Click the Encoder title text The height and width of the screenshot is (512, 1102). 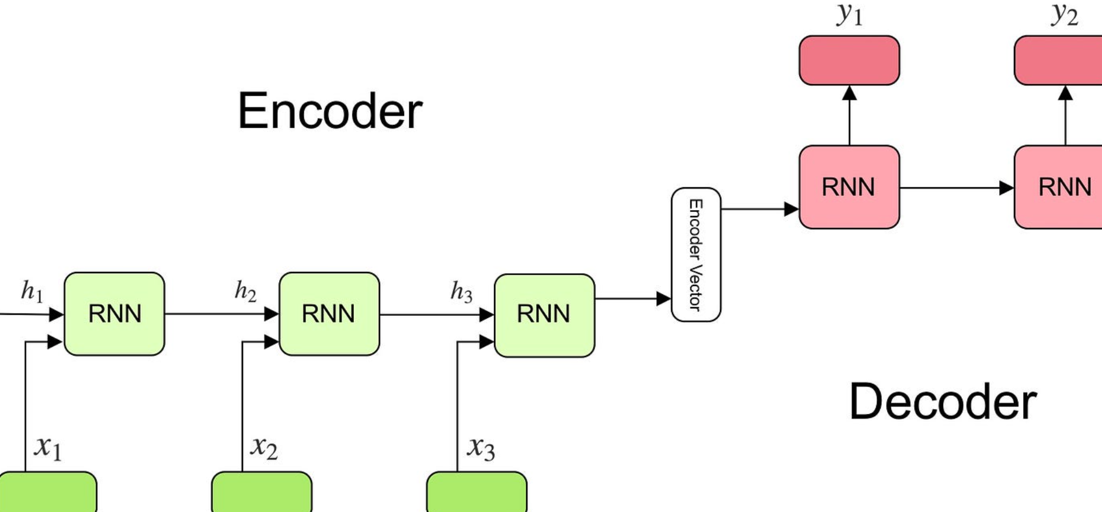coord(329,111)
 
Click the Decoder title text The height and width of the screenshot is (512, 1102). coord(943,402)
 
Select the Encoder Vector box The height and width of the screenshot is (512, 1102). coord(696,255)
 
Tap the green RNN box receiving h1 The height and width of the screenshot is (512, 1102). coord(114,314)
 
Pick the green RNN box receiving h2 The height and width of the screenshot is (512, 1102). coord(329,314)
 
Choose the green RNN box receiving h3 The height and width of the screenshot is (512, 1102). coord(544,315)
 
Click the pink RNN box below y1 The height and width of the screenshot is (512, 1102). coord(849,187)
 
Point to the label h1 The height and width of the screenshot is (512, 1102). coord(32,291)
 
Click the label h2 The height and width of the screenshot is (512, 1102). coord(245,291)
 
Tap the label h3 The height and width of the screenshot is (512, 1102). coord(461,291)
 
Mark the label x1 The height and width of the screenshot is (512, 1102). coord(48,447)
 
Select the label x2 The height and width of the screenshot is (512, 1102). coord(264,447)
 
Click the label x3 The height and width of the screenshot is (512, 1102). coord(481,448)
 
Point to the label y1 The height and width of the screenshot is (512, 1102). coord(849,15)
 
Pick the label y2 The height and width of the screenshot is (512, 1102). coord(1064,15)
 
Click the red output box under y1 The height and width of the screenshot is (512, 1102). coord(849,60)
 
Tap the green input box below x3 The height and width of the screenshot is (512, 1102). coord(477,492)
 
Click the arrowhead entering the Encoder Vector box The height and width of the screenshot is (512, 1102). coord(664,299)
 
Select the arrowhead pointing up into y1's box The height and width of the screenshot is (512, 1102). coord(850,93)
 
